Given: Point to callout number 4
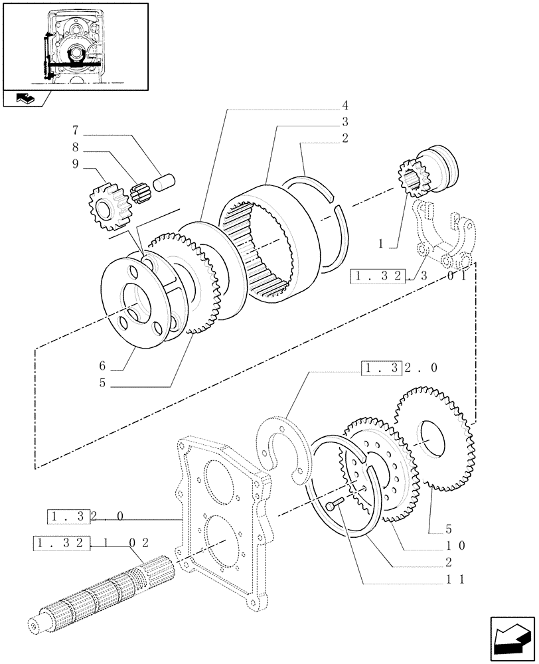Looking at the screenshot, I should click(x=346, y=106).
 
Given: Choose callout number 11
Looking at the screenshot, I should click(x=456, y=579).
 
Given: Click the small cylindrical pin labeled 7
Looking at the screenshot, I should click(x=163, y=181).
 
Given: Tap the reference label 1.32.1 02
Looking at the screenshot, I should click(x=90, y=544).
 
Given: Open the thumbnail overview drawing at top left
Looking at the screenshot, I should click(x=74, y=46).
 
